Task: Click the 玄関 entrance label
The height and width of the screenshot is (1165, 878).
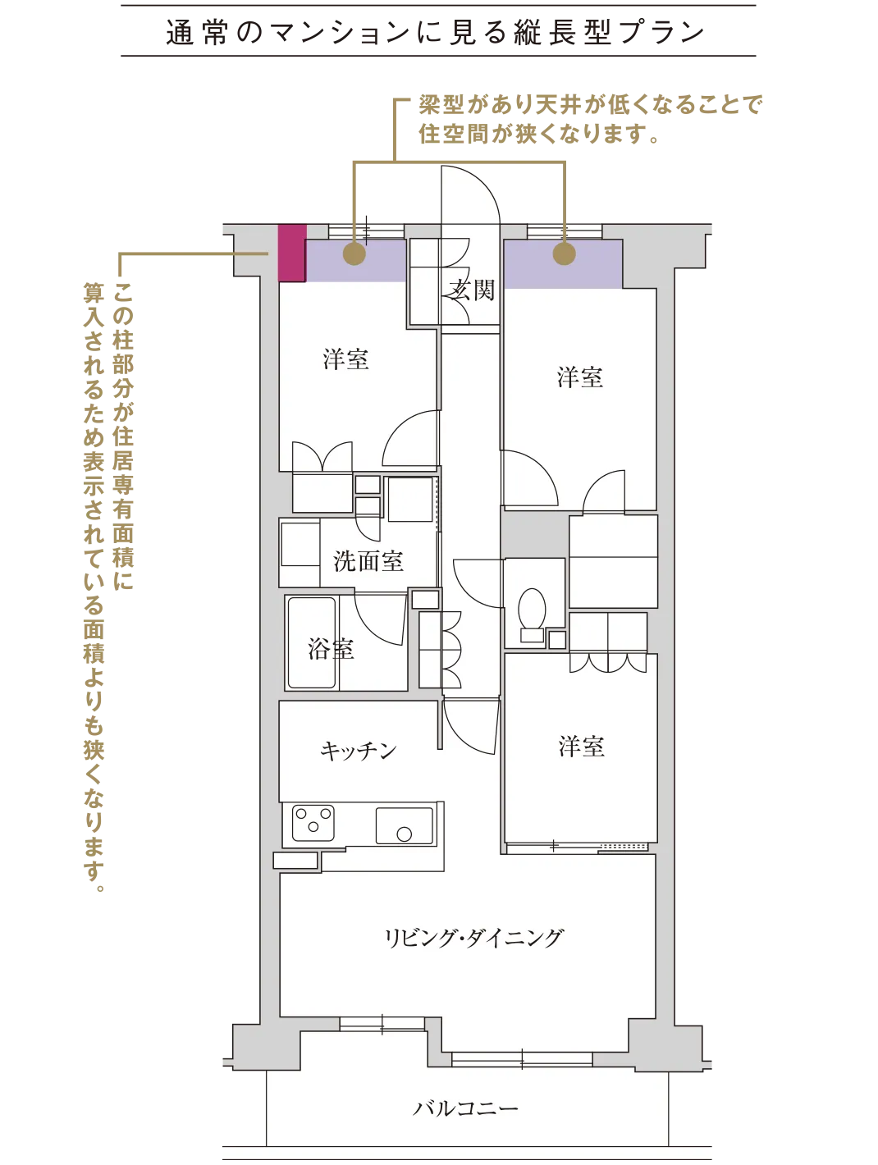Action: click(473, 290)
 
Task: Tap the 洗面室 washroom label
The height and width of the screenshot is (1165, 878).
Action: click(368, 561)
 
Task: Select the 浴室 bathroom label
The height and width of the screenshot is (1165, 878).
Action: click(332, 649)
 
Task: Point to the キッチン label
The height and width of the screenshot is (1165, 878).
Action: click(359, 750)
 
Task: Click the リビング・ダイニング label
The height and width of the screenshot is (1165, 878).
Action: click(474, 937)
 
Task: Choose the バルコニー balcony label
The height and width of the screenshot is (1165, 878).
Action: click(465, 1109)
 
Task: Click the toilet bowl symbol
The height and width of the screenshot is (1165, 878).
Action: click(533, 610)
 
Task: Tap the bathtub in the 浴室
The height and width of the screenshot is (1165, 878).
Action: click(312, 643)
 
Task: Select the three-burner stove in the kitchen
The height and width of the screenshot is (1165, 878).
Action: click(314, 820)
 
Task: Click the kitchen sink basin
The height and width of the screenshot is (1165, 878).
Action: click(404, 825)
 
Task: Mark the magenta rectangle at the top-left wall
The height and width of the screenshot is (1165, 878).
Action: click(290, 253)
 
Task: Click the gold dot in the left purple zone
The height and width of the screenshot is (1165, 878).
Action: click(354, 254)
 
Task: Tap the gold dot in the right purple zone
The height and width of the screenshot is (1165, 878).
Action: click(564, 254)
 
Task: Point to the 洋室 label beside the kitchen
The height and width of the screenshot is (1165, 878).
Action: click(582, 747)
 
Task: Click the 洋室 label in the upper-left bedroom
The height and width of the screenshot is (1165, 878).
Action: click(345, 359)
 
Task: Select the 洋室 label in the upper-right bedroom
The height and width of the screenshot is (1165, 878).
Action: click(580, 377)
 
